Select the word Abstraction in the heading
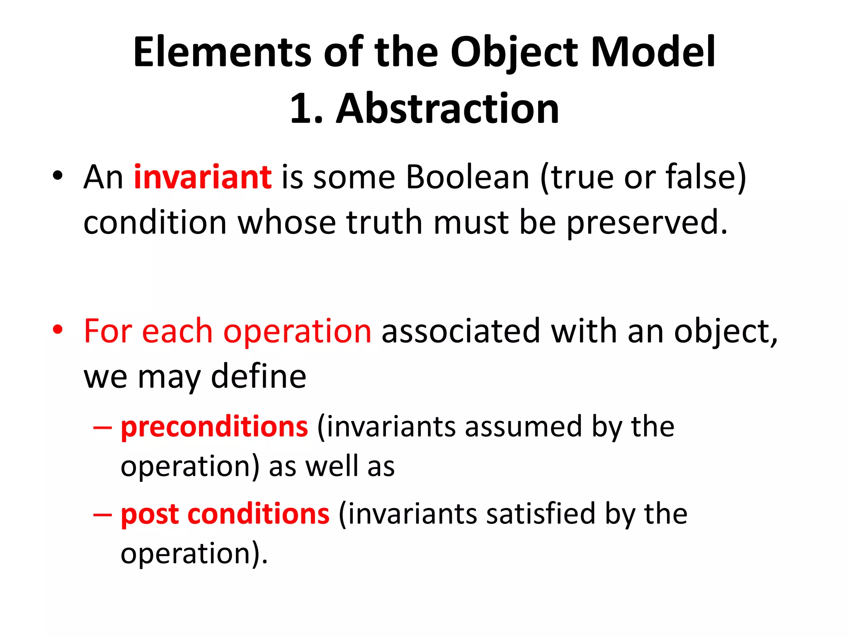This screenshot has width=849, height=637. pos(448,109)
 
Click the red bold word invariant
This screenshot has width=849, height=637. pos(203,177)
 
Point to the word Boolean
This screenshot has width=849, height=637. pos(468,177)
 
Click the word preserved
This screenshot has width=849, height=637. pos(647,223)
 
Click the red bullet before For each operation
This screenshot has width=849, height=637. pos(58,330)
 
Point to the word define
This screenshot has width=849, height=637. pos(259,377)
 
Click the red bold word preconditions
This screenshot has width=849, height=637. pos(214,427)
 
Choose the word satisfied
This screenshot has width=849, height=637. pos(541,514)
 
